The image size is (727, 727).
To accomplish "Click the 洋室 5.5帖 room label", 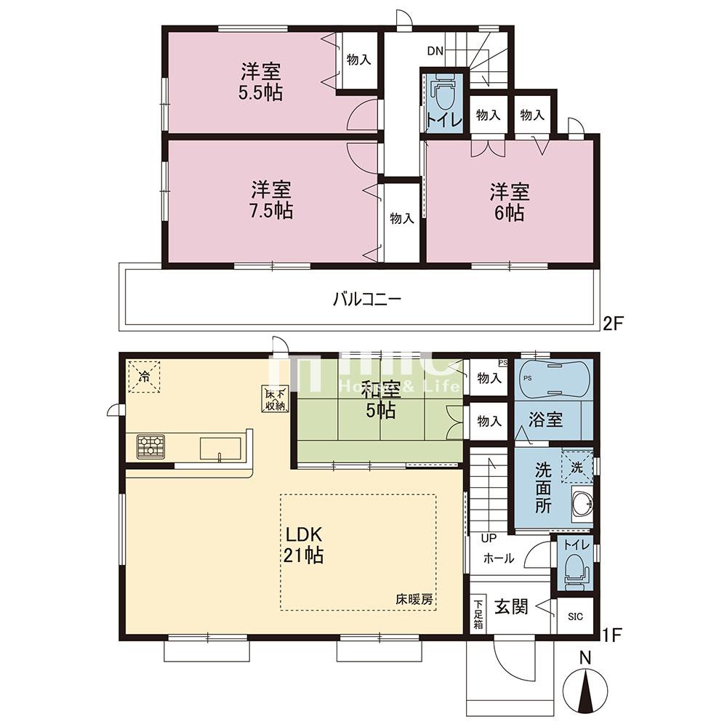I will pyautogui.click(x=262, y=81).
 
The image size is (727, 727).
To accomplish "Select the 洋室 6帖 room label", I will pyautogui.click(x=509, y=202).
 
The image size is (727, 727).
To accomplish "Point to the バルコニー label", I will pyautogui.click(x=367, y=299).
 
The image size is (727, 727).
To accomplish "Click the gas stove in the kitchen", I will pyautogui.click(x=151, y=446).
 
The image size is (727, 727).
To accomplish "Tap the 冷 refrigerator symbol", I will pyautogui.click(x=145, y=377).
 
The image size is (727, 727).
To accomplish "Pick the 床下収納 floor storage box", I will pyautogui.click(x=273, y=399).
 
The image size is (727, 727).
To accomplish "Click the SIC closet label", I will pyautogui.click(x=575, y=617).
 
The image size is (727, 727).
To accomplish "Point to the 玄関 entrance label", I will pyautogui.click(x=512, y=606).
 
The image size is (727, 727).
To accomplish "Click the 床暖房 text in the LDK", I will pyautogui.click(x=414, y=600).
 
